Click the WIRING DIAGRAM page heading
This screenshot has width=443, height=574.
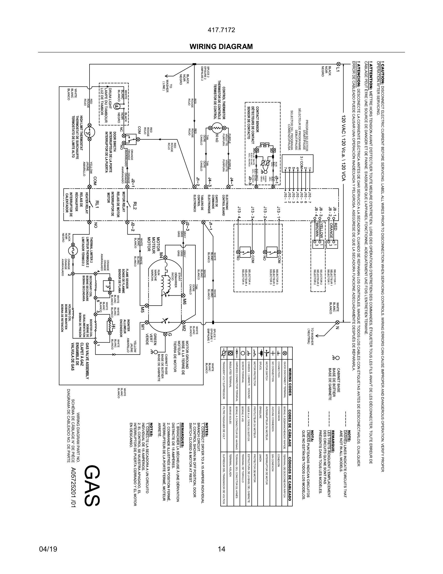tap(221, 47)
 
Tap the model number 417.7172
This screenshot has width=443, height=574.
tap(221, 30)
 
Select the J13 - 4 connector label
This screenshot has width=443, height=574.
tap(239, 213)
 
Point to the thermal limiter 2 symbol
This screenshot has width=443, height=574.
tap(73, 251)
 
